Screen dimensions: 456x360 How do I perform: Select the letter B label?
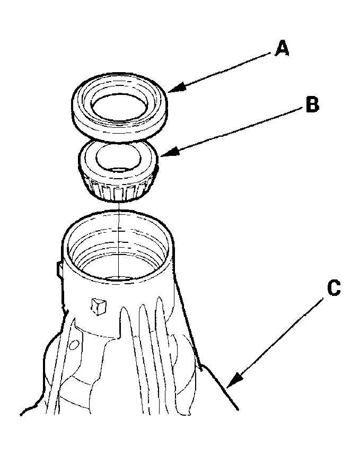coord(312,104)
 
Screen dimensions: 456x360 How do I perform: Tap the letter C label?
coord(333,288)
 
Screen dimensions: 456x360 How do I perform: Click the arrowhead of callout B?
coord(163,154)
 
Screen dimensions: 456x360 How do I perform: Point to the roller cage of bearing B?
coord(117,189)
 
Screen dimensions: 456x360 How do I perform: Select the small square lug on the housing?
coord(98,305)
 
